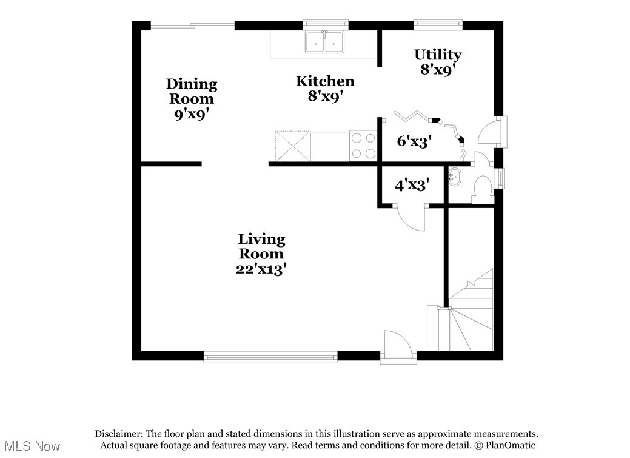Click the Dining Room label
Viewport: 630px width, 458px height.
192,98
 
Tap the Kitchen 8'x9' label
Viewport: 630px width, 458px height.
325,88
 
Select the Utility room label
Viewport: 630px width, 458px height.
438,61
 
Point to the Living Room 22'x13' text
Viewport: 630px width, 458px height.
261,254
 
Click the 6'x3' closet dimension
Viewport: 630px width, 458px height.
414,141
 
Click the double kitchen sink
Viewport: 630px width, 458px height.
325,42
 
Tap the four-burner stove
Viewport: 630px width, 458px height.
363,146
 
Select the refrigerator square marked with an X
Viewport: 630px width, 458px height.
293,146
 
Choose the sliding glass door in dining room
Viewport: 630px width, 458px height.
192,25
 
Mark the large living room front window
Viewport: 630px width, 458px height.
270,357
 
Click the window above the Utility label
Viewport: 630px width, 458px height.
438,25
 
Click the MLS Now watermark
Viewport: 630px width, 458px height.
30,446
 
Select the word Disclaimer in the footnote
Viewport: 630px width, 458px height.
118,434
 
